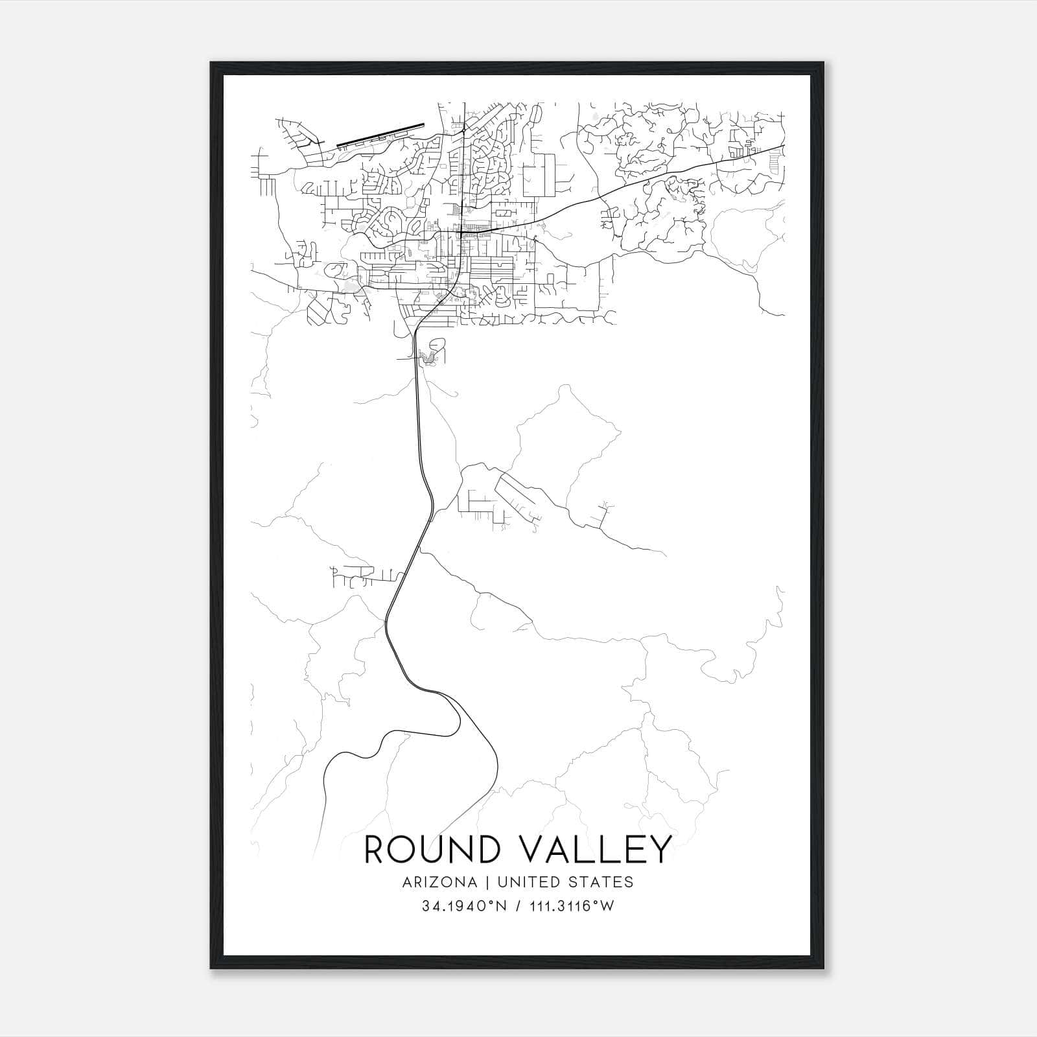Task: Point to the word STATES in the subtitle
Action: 601,882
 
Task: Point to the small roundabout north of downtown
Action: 464,130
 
